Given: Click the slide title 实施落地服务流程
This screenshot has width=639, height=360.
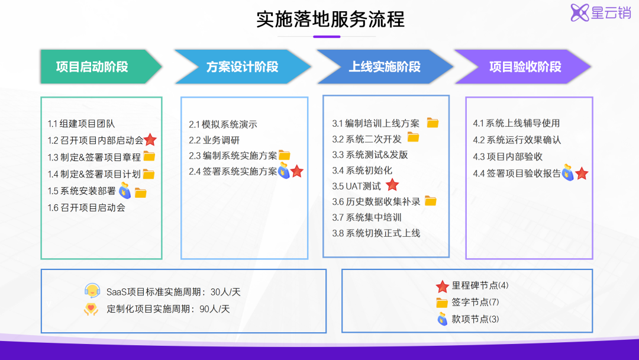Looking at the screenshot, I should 330,19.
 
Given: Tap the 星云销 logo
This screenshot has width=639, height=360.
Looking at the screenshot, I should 601,12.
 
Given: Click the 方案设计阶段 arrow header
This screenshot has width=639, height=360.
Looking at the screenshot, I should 240,66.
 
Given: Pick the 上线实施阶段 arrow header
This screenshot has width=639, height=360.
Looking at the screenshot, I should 382,66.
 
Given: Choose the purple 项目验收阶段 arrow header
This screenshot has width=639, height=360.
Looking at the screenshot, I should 521,66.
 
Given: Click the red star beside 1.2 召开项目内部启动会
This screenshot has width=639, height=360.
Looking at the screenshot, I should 150,140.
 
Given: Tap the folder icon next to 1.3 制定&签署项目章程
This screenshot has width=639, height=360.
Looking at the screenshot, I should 149,157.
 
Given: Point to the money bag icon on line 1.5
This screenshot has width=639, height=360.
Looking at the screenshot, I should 125,191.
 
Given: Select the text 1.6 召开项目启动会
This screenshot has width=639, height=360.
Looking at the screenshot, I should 86,208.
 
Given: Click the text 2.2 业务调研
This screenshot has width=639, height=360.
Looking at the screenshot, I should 214,140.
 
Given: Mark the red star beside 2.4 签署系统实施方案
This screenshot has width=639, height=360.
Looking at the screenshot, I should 297,171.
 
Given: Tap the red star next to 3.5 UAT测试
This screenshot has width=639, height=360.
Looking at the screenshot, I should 392,185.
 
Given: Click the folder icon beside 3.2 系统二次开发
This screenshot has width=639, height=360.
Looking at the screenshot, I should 413,138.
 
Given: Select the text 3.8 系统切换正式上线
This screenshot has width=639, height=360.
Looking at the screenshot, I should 376,233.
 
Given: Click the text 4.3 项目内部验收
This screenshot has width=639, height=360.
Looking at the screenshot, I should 508,157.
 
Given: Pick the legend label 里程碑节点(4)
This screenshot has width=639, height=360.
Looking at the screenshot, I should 480,285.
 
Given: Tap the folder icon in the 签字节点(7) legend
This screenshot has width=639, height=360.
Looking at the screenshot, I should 442,303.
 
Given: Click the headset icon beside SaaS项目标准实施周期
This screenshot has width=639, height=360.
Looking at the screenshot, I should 92,291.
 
